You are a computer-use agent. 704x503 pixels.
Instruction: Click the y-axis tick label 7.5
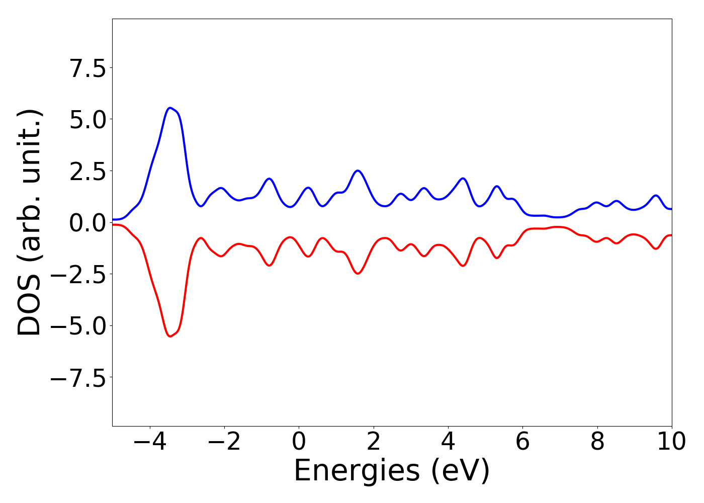click(x=88, y=68)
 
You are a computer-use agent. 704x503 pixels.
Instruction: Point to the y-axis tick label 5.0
click(x=88, y=120)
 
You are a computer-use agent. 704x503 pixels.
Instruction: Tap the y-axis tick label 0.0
click(x=88, y=223)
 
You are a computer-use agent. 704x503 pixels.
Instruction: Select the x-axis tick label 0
click(x=299, y=442)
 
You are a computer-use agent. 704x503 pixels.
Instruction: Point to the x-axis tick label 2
click(x=373, y=442)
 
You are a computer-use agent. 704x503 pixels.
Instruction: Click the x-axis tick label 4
click(x=448, y=442)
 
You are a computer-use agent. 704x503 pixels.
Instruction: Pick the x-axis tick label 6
click(x=522, y=442)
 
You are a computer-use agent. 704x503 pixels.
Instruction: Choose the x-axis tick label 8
click(x=597, y=442)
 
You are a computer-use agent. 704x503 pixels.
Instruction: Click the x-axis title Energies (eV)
click(x=392, y=471)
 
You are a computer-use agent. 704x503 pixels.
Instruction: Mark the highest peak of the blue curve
click(x=170, y=108)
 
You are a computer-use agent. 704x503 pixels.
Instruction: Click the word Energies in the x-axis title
click(x=356, y=471)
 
